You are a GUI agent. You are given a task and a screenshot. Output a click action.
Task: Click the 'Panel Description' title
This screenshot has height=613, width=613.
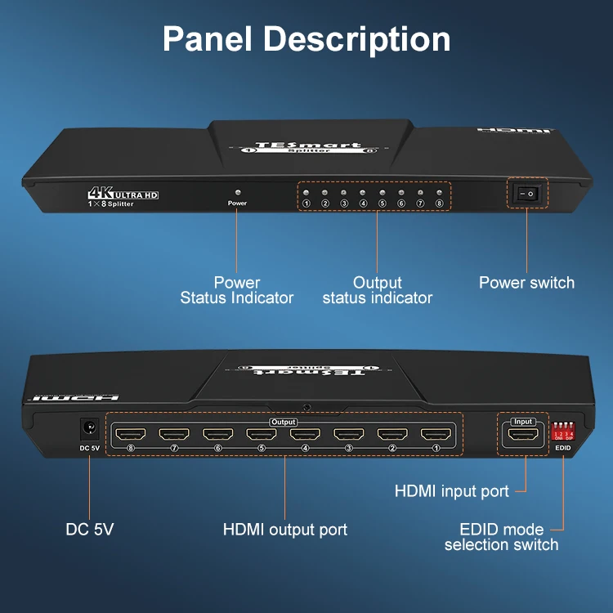tap(306, 39)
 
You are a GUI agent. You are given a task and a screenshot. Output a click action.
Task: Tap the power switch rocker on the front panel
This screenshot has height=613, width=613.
tap(528, 193)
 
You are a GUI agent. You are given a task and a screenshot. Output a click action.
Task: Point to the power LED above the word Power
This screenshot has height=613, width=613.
tap(237, 191)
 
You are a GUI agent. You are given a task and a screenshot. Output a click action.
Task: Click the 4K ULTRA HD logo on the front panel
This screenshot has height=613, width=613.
tap(123, 195)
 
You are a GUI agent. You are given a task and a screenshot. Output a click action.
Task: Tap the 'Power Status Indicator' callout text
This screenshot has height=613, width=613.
tap(237, 290)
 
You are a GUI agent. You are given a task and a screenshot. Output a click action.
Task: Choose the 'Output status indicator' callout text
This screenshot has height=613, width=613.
tap(378, 290)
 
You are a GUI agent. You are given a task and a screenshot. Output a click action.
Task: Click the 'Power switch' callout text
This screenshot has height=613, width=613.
tap(526, 283)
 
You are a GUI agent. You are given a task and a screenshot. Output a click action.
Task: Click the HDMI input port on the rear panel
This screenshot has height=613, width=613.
tap(522, 436)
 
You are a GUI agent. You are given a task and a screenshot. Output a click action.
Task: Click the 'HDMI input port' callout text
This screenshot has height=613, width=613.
tap(452, 491)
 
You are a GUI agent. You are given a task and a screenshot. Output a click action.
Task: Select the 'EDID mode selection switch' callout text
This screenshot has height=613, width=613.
tap(502, 537)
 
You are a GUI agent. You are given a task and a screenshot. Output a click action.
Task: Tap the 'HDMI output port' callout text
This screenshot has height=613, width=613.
tap(285, 530)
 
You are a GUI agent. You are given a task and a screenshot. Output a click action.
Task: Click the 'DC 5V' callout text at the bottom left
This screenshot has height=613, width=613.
tap(90, 530)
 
